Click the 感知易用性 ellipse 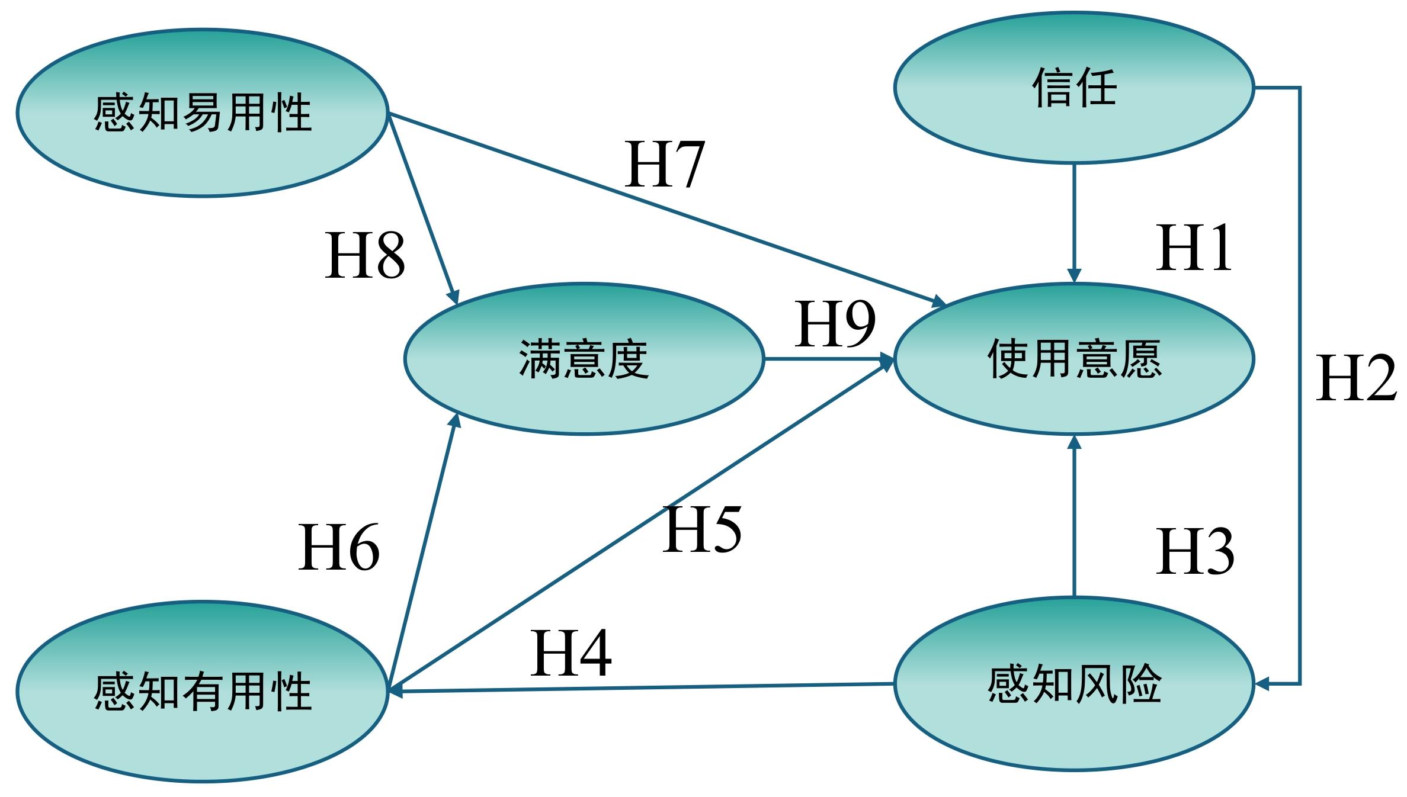click(202, 113)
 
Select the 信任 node click(1073, 88)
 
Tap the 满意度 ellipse click(584, 359)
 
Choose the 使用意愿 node click(1073, 359)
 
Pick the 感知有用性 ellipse click(202, 691)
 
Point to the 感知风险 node click(1073, 684)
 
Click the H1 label click(1193, 249)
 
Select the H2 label click(1355, 379)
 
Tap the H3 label click(1194, 552)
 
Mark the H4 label click(570, 654)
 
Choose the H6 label click(338, 548)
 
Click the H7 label click(664, 165)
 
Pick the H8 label click(365, 256)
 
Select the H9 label click(834, 324)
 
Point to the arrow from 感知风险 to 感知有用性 click(640, 687)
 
